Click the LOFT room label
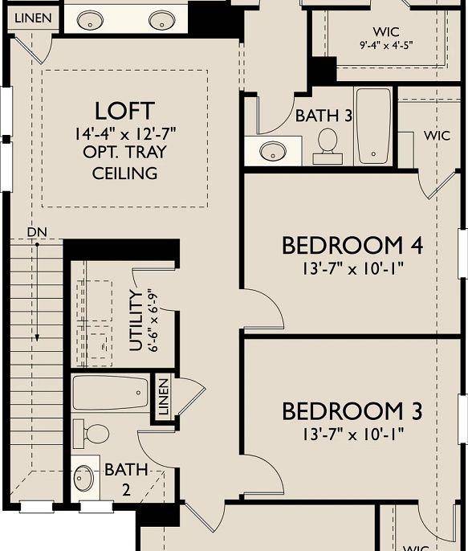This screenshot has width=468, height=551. click(x=124, y=111)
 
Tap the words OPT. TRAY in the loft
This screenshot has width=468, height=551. click(x=124, y=153)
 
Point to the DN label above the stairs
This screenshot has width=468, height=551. click(x=36, y=232)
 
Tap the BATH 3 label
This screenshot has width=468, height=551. click(x=324, y=116)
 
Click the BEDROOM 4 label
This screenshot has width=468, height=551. click(x=352, y=245)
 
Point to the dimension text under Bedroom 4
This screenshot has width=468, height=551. click(x=352, y=267)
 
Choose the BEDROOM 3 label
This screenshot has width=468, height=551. click(x=352, y=412)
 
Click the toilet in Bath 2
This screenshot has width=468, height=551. click(x=92, y=435)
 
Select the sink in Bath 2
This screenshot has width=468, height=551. click(x=84, y=479)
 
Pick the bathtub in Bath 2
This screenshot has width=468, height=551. click(x=111, y=395)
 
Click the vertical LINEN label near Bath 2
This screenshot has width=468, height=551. click(x=163, y=397)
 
